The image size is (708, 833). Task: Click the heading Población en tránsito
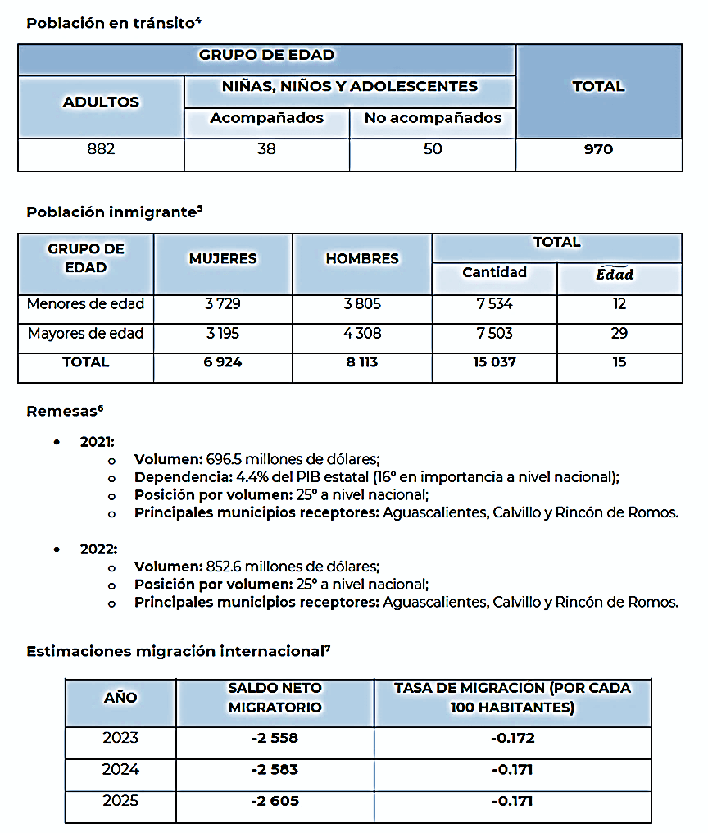[113, 23]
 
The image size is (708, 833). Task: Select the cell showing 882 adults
[101, 149]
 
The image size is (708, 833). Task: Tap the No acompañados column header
[433, 118]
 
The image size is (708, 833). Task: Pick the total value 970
[598, 149]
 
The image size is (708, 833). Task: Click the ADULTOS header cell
[101, 102]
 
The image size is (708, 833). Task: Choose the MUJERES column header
[223, 258]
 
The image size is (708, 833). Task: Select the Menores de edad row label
[85, 304]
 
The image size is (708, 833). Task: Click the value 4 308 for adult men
[361, 334]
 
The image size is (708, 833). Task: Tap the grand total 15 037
[494, 362]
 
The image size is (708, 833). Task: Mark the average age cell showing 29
[619, 334]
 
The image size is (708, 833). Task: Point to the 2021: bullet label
[97, 441]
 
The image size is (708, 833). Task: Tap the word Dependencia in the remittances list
[179, 477]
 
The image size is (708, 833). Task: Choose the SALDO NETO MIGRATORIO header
[275, 697]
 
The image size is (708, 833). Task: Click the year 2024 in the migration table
[120, 769]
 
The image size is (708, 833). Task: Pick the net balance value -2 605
[275, 801]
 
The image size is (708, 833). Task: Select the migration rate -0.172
[512, 738]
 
